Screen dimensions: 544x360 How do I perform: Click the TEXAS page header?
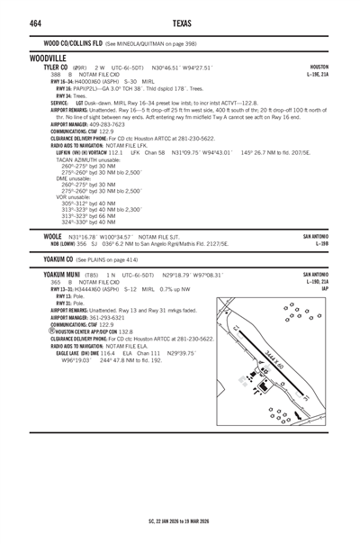click(180, 23)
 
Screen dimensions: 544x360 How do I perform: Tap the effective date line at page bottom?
click(180, 520)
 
